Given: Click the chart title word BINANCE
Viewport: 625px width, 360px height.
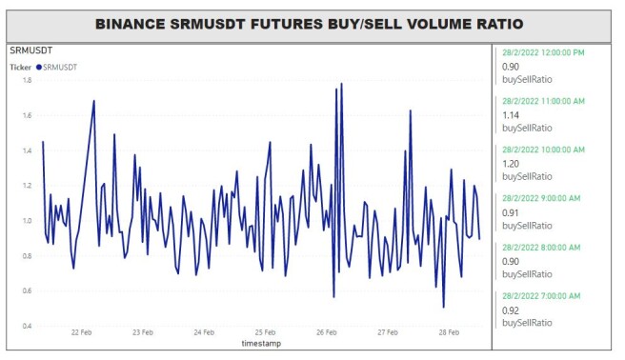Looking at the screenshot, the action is [130, 24].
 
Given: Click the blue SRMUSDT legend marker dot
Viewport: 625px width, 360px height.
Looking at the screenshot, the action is [39, 68].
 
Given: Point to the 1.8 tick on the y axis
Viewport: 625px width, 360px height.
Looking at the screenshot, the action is [27, 80].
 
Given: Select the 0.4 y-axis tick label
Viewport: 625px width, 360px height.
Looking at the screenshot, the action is [27, 326].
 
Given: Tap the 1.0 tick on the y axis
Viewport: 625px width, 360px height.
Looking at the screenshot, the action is [27, 221].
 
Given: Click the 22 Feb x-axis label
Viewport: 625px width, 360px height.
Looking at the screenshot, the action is [81, 332].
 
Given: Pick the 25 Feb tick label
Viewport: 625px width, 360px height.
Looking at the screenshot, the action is [265, 332].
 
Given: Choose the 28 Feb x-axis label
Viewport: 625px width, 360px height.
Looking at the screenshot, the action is [449, 332].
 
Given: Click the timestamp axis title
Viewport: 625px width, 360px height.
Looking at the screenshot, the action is [261, 343].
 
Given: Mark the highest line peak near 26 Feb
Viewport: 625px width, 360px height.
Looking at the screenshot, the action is [342, 83].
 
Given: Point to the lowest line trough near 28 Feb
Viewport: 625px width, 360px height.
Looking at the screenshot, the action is [444, 308].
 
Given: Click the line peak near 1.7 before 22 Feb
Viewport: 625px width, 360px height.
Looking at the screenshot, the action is [94, 100].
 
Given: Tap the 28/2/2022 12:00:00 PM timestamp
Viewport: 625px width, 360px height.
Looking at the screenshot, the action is [543, 52].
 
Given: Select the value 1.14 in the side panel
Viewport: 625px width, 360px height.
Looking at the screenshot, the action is [511, 115].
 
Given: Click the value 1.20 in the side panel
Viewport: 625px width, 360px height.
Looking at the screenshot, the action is [511, 164].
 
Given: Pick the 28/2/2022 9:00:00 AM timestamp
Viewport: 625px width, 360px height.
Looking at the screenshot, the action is [541, 198].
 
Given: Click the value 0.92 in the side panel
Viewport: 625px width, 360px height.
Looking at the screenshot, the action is [511, 310].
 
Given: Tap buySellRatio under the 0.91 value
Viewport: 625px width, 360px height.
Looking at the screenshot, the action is [527, 226].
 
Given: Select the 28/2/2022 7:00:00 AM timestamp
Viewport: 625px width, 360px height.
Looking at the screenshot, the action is [541, 296].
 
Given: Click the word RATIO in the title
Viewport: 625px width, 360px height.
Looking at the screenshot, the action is [500, 24].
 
